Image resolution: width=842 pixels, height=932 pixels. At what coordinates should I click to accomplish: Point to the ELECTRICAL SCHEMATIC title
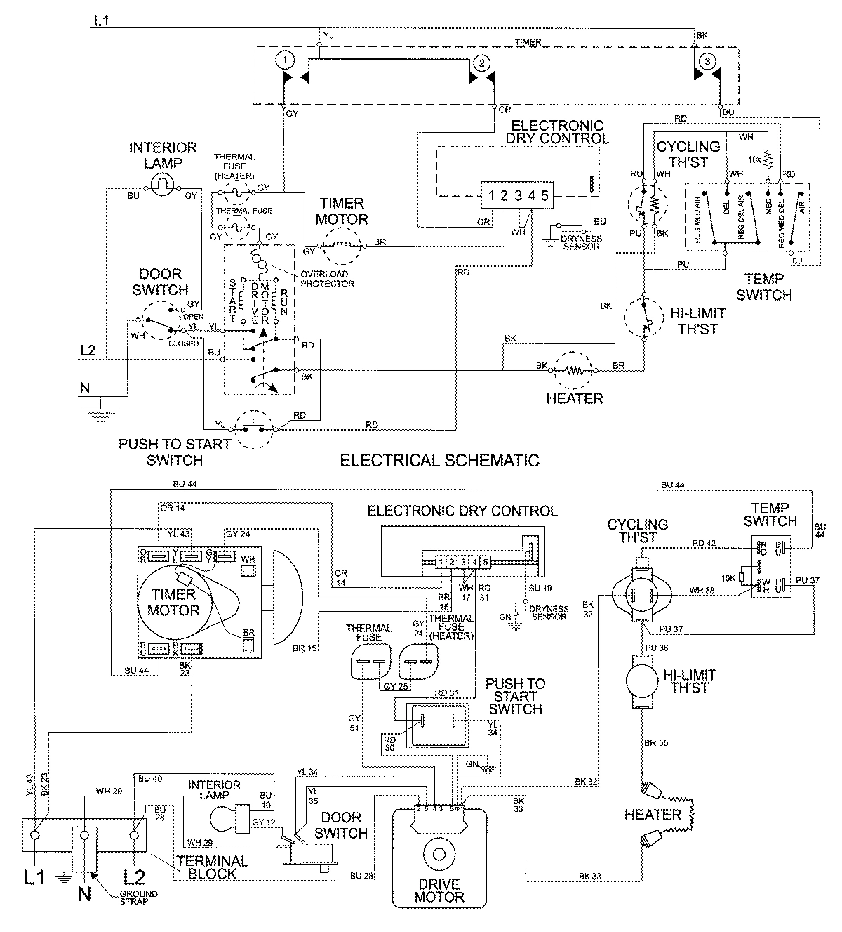439,461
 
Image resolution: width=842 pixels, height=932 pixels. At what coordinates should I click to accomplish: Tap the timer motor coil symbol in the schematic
341,246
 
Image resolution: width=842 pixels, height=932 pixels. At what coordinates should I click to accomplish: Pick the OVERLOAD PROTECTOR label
326,280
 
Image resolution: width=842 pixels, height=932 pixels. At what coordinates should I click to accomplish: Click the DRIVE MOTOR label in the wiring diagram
439,891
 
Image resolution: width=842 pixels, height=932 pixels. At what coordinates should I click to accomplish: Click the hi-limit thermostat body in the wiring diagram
640,680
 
